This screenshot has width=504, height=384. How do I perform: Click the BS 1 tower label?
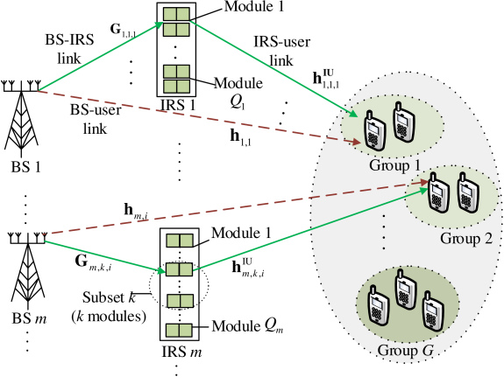(x=25, y=167)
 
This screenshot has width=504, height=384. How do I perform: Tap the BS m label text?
(x=29, y=318)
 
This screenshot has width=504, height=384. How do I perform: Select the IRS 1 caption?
(x=178, y=105)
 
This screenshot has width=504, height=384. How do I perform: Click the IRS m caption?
(x=181, y=352)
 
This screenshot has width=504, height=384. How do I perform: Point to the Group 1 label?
(x=394, y=165)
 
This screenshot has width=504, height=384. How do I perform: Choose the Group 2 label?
(x=466, y=239)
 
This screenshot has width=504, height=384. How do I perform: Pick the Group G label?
(x=406, y=350)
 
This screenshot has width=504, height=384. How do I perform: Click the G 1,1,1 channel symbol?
(x=123, y=30)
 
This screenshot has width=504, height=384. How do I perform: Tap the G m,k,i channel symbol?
(x=93, y=263)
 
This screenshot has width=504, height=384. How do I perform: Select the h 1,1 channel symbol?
(x=240, y=137)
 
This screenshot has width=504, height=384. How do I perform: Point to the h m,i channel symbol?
(x=136, y=212)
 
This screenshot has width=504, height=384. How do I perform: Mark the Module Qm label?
(x=247, y=326)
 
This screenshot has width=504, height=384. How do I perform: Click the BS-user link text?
(x=96, y=119)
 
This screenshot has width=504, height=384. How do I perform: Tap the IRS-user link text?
(x=282, y=51)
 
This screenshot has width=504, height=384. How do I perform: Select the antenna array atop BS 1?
(x=21, y=86)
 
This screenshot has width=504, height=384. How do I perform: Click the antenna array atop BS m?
(x=28, y=238)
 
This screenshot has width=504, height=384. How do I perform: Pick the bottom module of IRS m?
(x=179, y=330)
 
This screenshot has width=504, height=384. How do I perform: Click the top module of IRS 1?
(x=176, y=14)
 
